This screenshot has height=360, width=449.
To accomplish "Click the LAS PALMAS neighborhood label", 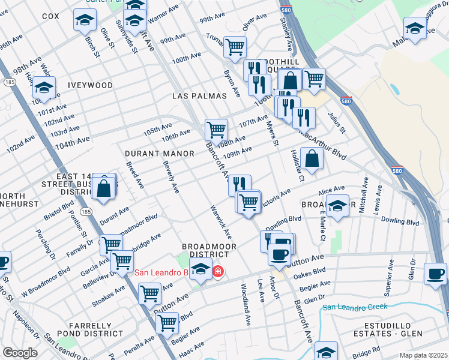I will [199, 96].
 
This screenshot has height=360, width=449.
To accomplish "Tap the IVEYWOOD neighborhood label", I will [90, 85].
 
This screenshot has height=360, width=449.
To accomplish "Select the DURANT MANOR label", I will [159, 154].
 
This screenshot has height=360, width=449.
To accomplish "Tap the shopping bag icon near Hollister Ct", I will [312, 159].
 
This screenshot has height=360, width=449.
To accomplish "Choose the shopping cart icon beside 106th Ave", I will [216, 129].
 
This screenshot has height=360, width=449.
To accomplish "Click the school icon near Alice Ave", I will [338, 205].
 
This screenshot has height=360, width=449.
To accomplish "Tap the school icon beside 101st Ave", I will [43, 88].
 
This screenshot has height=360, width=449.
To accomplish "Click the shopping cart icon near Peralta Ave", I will [167, 322].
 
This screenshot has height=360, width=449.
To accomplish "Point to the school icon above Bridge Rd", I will [326, 351].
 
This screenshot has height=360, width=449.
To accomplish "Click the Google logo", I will [19, 353].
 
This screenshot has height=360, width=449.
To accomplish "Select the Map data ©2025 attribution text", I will [423, 355].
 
